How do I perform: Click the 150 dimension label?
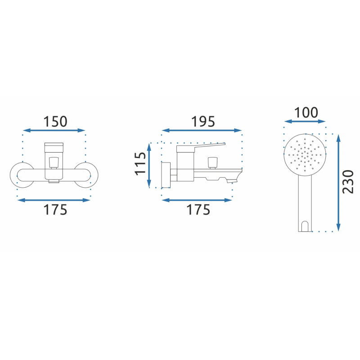pyautogui.click(x=55, y=121)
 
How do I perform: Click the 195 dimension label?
pyautogui.click(x=203, y=121)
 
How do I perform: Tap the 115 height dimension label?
pyautogui.click(x=140, y=164)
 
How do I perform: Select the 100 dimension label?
pyautogui.click(x=306, y=112)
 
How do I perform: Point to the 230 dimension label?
pyautogui.click(x=348, y=182)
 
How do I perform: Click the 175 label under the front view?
pyautogui.click(x=55, y=210)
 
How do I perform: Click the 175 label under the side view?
pyautogui.click(x=198, y=210)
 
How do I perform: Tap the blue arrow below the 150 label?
pyautogui.click(x=54, y=130)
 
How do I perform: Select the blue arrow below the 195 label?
pyautogui.click(x=202, y=130)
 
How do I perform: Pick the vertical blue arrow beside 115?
pyautogui.click(x=149, y=165)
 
